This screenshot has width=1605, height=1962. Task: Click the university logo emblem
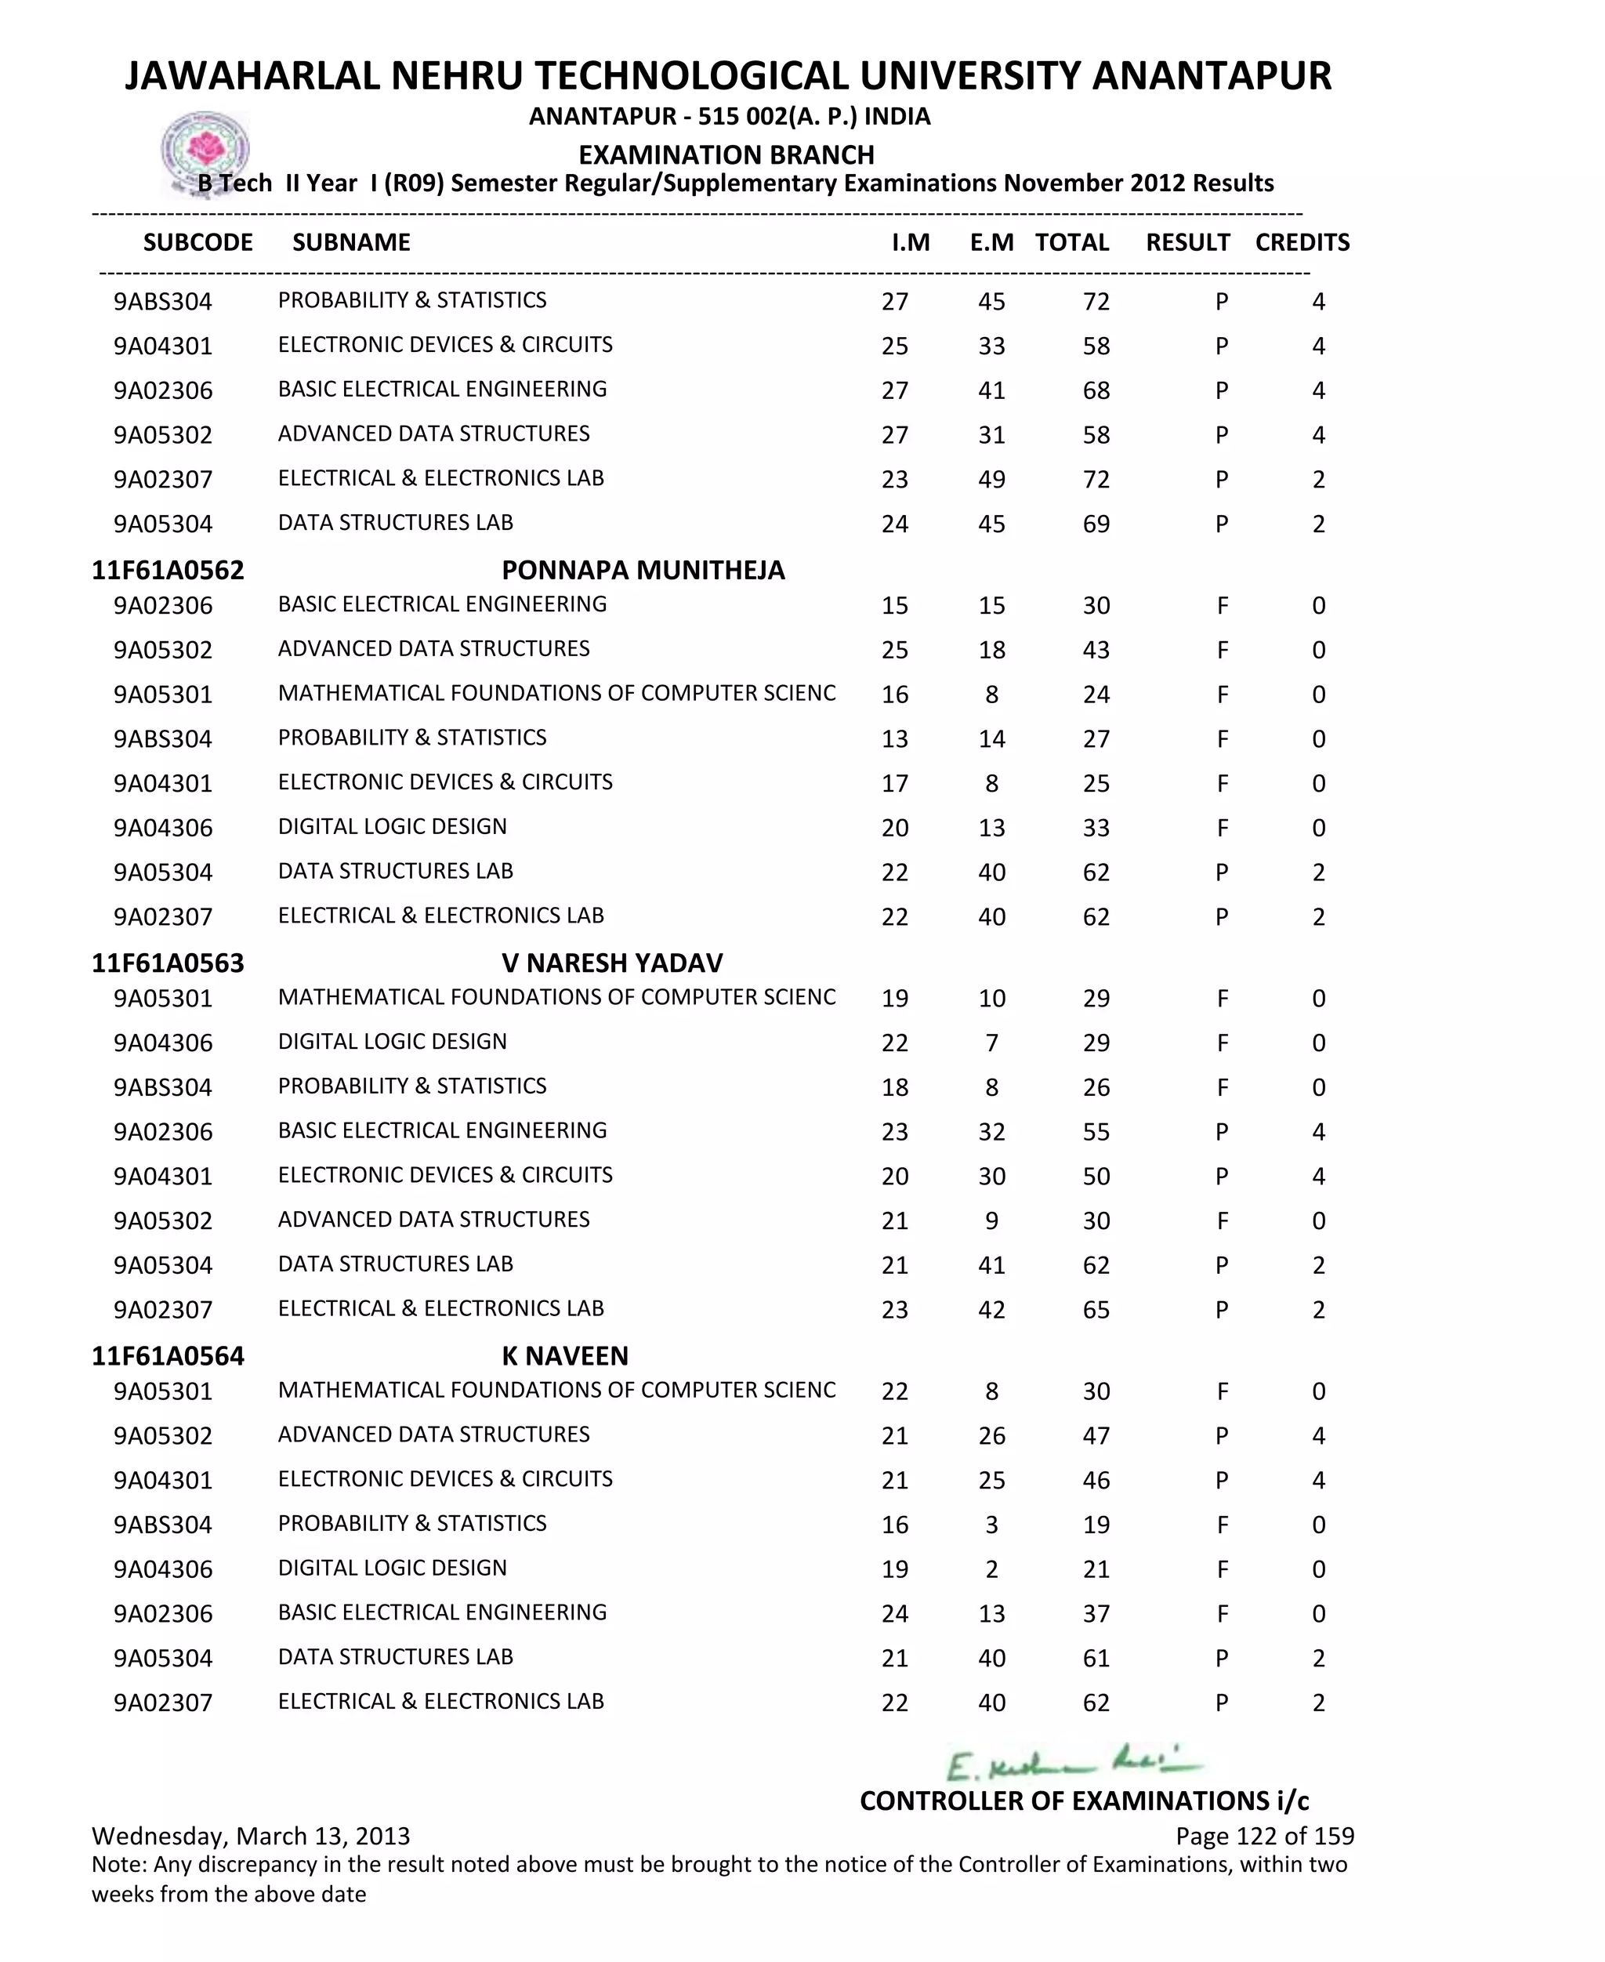205,151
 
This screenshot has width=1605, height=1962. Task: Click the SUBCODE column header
197,242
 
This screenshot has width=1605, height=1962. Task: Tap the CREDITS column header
1302,242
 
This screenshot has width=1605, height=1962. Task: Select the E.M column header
991,242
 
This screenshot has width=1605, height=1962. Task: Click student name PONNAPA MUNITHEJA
643,570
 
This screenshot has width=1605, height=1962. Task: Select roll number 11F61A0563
168,963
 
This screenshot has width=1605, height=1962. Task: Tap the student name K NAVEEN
565,1355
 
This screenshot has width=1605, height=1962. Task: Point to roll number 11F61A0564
168,1355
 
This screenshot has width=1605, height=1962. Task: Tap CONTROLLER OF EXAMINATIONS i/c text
1084,1801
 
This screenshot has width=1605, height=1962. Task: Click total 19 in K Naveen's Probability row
1096,1525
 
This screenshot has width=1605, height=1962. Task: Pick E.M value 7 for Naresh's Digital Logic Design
991,1043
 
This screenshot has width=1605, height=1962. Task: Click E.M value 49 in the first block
991,480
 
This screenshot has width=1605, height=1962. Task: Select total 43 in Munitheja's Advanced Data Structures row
1096,650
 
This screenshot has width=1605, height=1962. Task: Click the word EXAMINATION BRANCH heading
726,154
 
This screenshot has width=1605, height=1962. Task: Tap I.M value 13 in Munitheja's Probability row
894,738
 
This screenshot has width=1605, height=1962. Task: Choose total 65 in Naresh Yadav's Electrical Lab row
1096,1310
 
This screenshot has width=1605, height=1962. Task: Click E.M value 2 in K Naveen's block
991,1569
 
